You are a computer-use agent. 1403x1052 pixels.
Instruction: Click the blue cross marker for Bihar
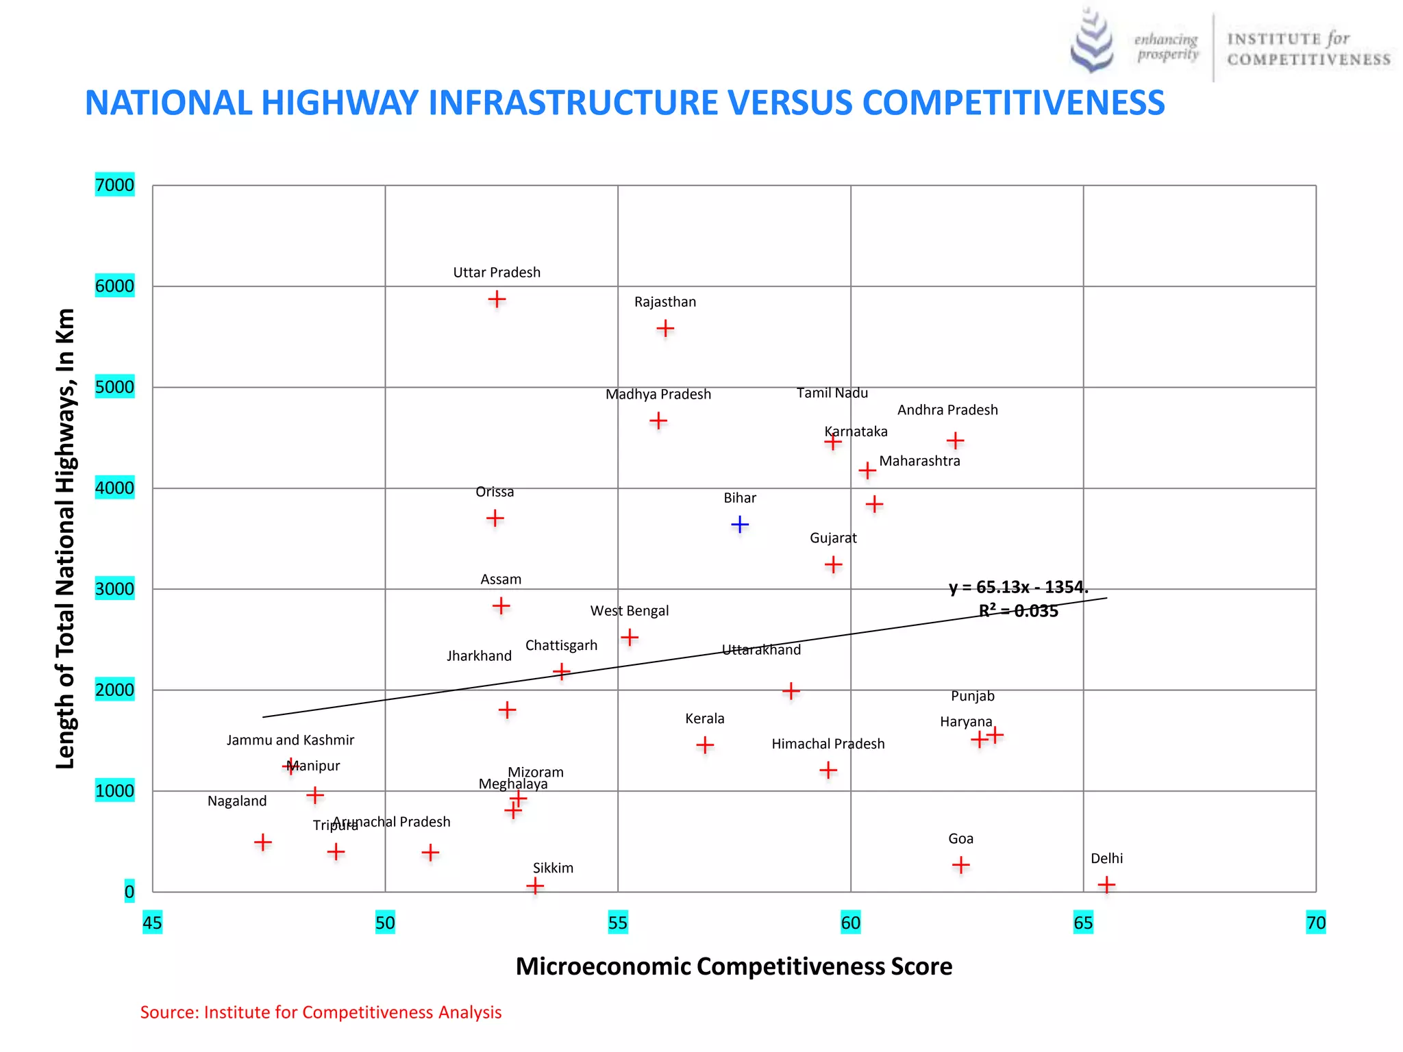740,525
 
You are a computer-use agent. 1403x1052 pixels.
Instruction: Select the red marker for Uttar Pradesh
497,299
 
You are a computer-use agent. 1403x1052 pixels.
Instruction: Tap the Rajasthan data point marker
665,329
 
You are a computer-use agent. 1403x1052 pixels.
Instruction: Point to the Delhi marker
1106,885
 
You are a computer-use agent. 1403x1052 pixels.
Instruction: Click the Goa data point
960,865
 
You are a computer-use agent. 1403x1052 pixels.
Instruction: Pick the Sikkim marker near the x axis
535,886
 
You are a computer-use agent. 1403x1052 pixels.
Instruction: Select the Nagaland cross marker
263,842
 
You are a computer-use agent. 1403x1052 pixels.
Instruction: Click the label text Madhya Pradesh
658,394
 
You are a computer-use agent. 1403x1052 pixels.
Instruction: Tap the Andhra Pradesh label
947,410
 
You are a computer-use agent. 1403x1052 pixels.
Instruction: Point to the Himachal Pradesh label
828,744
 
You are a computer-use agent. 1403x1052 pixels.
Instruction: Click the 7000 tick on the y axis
114,185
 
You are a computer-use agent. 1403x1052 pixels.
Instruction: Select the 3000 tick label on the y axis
114,589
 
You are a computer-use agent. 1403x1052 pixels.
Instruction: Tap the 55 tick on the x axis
617,923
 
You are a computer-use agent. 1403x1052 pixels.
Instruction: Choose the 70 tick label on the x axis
1315,923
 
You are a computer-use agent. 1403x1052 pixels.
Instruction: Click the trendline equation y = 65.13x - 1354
1018,588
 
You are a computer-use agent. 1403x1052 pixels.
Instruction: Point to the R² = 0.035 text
1018,611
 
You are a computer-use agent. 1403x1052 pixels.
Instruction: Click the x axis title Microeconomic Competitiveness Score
734,966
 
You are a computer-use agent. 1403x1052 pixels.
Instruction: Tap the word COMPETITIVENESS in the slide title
1013,103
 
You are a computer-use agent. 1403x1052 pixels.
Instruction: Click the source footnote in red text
321,1012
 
